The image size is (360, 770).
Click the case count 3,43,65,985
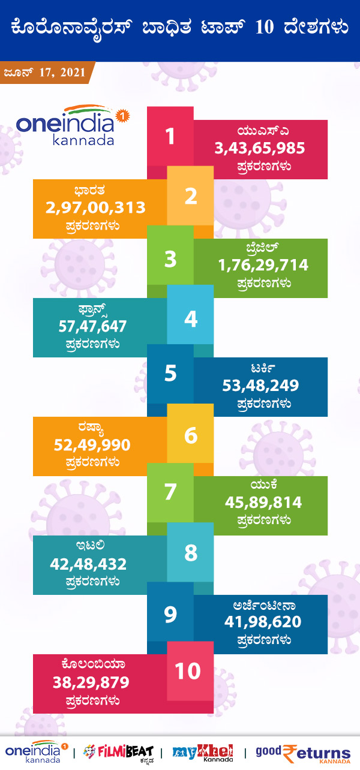click(260, 148)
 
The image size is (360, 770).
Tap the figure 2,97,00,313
click(95, 207)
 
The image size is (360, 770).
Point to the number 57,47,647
click(92, 326)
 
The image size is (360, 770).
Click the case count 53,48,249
click(260, 386)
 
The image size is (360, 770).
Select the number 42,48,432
click(88, 564)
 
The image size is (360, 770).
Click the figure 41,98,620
click(262, 622)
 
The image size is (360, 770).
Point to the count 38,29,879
click(91, 682)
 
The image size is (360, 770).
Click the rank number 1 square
click(170, 136)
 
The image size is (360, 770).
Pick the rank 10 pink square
click(188, 670)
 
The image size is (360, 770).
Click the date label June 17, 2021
click(44, 73)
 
